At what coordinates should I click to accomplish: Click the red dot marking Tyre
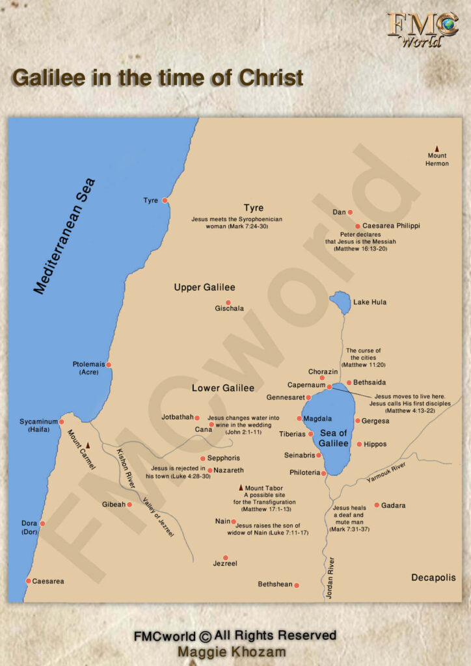(165, 200)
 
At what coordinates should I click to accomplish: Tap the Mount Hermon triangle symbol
(437, 148)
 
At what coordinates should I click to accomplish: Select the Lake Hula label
(370, 302)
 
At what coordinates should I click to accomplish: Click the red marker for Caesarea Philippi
(357, 226)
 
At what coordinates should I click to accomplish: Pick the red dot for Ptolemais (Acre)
(109, 365)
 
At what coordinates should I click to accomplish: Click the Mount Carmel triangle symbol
(88, 446)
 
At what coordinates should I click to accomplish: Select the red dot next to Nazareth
(209, 470)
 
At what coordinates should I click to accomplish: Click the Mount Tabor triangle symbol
(241, 487)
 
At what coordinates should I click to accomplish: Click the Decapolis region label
(433, 578)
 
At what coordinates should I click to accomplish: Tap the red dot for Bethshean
(297, 585)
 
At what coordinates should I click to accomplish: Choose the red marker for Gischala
(228, 302)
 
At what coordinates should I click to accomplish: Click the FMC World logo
(422, 29)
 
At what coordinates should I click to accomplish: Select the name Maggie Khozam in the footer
(235, 651)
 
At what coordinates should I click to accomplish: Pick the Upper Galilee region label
(204, 287)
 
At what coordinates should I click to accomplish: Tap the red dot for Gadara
(377, 505)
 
